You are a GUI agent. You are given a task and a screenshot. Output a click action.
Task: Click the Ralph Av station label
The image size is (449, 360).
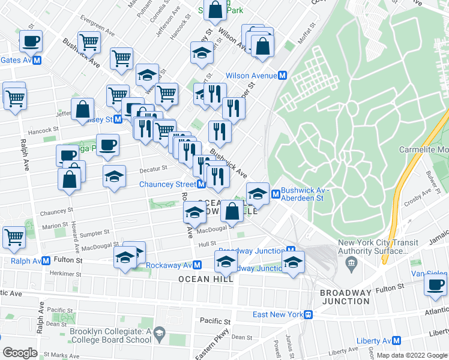point(21,261)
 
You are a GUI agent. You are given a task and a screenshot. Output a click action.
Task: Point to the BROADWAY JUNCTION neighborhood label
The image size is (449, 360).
point(346,296)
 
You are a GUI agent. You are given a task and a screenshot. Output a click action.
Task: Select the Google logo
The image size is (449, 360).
point(20,353)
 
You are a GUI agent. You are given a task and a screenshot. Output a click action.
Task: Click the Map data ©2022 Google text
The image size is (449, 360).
point(411,356)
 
